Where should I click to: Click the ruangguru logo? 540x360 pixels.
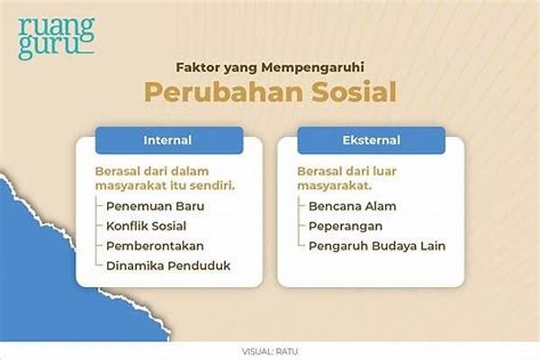[x=57, y=38]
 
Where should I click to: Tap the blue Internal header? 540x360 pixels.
[x=169, y=140]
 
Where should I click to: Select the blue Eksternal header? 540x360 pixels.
[x=371, y=140]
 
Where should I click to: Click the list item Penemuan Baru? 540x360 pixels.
[x=156, y=206]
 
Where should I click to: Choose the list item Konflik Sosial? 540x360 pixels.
[x=147, y=226]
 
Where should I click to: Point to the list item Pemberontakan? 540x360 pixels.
[x=155, y=246]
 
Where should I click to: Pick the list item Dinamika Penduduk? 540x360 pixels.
[x=168, y=265]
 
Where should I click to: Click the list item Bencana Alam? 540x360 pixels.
[x=352, y=206]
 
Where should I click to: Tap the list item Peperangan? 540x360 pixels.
[x=346, y=227]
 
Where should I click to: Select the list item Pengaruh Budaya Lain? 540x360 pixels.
[x=377, y=247]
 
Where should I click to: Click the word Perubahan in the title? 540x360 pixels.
[x=224, y=92]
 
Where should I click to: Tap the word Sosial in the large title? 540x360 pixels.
[x=355, y=92]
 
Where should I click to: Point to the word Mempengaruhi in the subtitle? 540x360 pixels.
[x=312, y=67]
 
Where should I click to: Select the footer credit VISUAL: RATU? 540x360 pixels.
[x=270, y=352]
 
